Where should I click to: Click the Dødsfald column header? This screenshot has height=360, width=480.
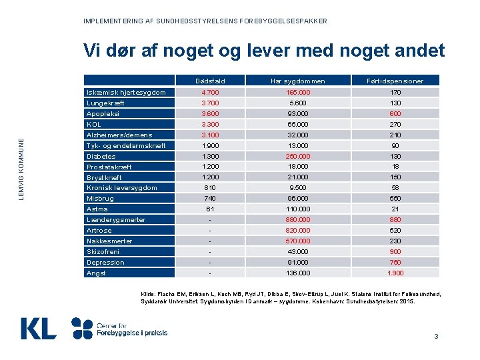211,81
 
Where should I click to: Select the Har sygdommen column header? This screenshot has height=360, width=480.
297,81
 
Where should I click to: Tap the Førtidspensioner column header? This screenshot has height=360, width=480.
396,81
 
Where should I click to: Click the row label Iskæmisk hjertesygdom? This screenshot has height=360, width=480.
126,92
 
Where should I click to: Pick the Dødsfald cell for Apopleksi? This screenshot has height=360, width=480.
211,113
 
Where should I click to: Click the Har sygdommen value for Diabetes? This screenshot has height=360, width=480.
297,156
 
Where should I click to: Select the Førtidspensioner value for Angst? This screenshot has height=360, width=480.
396,273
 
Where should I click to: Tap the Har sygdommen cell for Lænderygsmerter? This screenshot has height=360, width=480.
297,219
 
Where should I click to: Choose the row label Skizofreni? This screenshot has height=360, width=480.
103,251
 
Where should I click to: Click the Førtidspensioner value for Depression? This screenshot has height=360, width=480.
396,262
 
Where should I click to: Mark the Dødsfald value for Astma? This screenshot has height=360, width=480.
211,209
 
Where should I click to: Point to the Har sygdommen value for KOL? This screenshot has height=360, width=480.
297,124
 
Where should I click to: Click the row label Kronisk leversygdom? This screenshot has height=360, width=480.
122,187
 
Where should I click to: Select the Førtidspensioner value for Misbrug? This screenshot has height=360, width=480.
396,198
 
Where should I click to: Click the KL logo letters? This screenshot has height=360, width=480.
38,328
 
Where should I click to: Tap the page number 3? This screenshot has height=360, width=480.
436,336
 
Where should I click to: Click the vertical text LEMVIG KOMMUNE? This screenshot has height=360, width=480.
21,169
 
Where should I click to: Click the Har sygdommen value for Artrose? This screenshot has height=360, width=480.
297,230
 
